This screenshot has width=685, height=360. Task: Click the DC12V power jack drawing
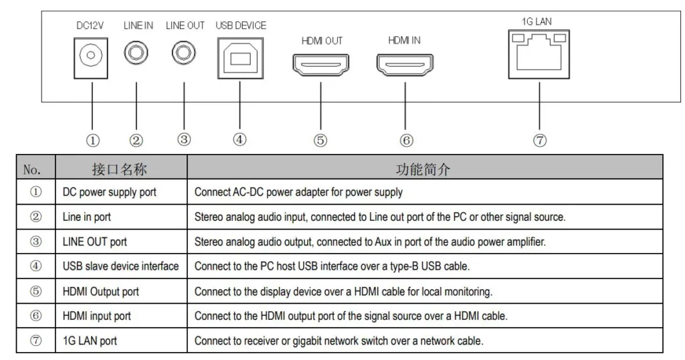click(x=91, y=58)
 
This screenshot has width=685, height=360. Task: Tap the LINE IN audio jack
click(x=136, y=53)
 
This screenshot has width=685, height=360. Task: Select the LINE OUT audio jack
click(x=183, y=52)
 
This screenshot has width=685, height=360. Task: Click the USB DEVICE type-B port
click(x=240, y=58)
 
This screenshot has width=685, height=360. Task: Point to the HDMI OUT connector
click(x=320, y=65)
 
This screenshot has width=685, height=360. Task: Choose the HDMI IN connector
click(x=405, y=65)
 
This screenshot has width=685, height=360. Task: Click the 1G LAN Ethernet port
click(x=539, y=54)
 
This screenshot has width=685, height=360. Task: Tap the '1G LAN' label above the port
click(x=536, y=21)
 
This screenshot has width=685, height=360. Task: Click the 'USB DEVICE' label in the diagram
click(x=241, y=26)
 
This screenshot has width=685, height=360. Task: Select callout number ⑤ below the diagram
click(x=320, y=141)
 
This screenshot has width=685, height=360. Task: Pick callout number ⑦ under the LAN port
click(x=540, y=141)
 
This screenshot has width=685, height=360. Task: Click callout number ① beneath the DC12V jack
click(x=92, y=141)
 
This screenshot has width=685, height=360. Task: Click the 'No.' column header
click(x=32, y=169)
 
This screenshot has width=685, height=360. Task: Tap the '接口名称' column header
click(x=119, y=169)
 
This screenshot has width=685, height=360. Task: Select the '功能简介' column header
click(x=423, y=169)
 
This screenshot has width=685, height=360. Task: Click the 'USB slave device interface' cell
click(x=120, y=266)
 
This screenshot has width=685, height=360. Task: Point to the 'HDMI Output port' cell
click(x=100, y=291)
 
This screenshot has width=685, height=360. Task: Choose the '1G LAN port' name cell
click(x=90, y=341)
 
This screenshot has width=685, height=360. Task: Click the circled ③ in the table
click(x=35, y=242)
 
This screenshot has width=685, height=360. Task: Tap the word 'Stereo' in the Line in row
click(x=209, y=217)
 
